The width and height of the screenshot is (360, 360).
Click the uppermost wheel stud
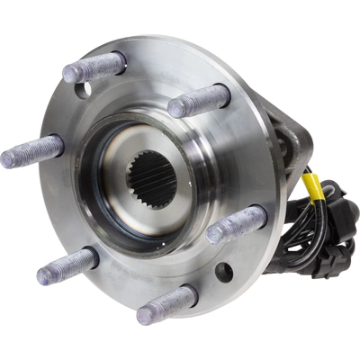(x=94, y=67)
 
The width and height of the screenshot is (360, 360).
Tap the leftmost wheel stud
(x=32, y=151)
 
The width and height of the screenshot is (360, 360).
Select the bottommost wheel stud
(x=167, y=304)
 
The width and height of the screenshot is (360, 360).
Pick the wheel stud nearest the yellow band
(x=237, y=223)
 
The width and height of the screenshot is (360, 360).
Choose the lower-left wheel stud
(x=67, y=265)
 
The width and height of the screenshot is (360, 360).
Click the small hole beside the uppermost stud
(x=83, y=90)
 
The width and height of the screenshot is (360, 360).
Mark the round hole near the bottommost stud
(x=222, y=271)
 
